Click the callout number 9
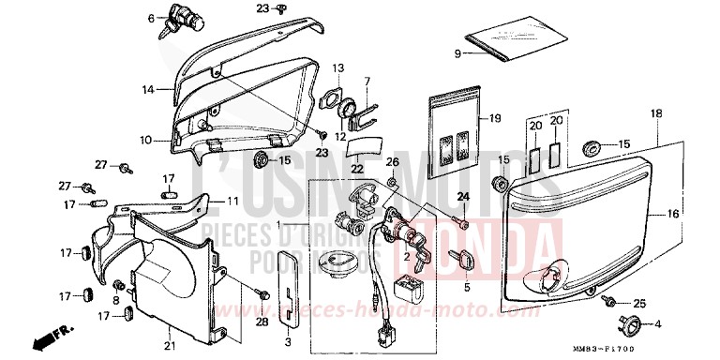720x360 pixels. (458, 53)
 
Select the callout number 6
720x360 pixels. (150, 17)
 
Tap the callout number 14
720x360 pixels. (147, 89)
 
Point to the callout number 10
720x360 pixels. (146, 141)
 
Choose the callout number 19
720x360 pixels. (496, 118)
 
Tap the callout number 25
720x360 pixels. (639, 303)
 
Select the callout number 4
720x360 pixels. (655, 324)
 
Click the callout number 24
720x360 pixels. (461, 196)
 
